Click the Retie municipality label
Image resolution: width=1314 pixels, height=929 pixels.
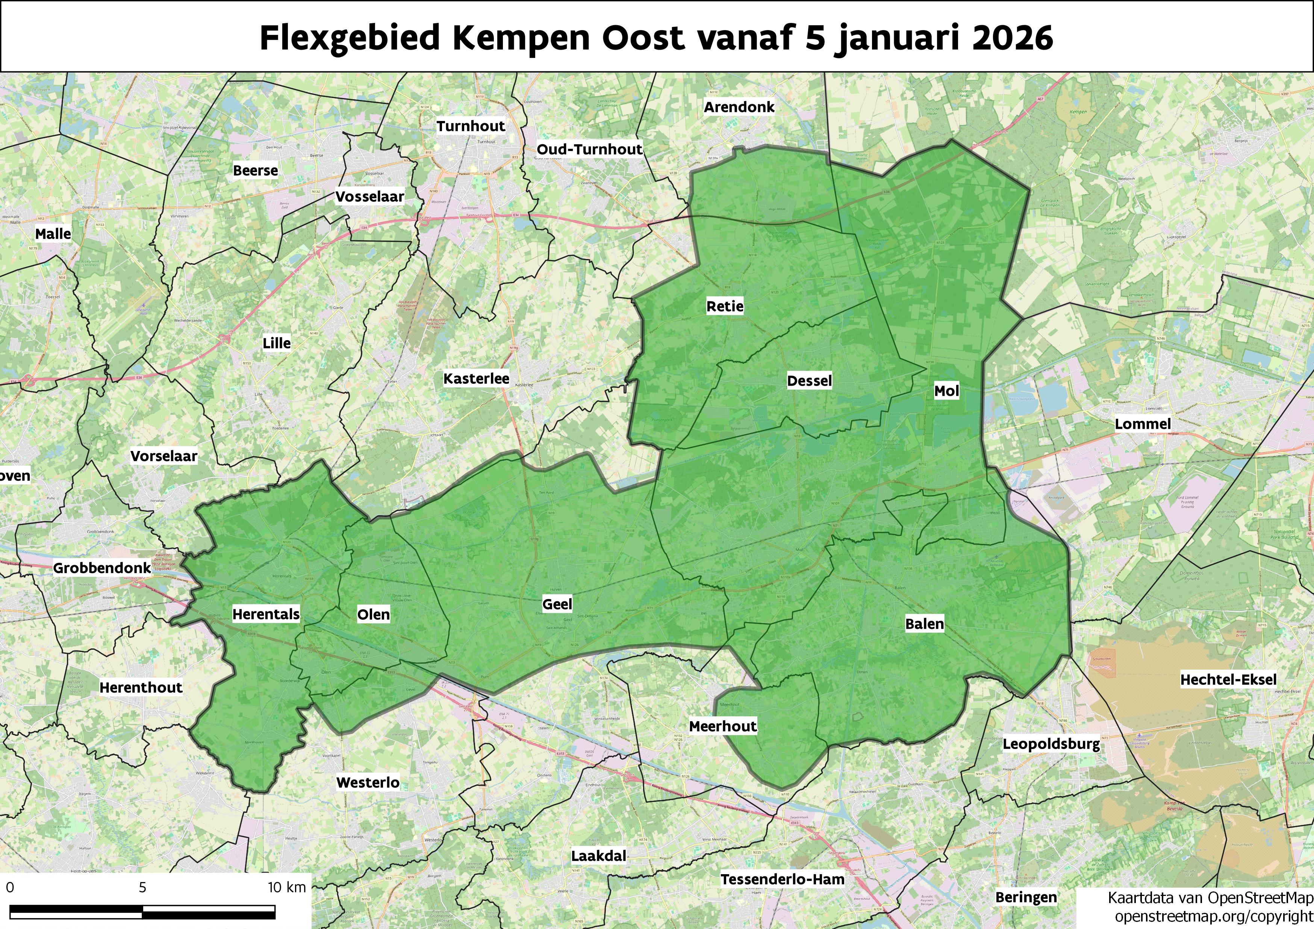tap(725, 306)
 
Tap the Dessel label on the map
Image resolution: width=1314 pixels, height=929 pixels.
tap(809, 381)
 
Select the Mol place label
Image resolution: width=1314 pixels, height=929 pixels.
tap(946, 391)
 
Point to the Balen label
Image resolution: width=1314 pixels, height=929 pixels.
tap(924, 624)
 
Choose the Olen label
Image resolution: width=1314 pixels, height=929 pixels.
tap(373, 615)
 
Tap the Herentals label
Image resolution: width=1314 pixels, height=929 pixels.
tap(266, 614)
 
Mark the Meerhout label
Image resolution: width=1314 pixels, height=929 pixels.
tap(723, 726)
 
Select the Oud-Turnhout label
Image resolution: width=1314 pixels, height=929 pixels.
tap(589, 150)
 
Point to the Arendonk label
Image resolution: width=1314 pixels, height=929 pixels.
tap(739, 107)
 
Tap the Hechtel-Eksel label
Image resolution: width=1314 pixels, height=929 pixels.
tap(1228, 679)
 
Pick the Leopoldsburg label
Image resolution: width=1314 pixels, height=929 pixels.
tap(1051, 745)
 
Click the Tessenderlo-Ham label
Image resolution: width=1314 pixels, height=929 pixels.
tap(782, 879)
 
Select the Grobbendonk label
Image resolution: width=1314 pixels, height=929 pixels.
tap(102, 568)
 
